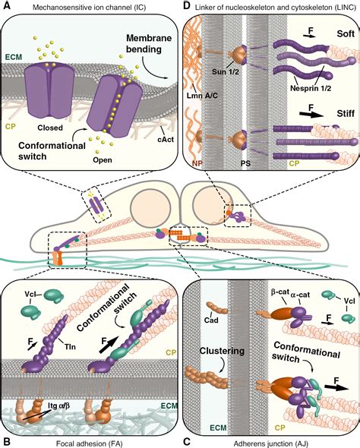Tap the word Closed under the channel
[50, 128]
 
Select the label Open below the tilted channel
[103, 159]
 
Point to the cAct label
[166, 140]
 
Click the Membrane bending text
[149, 43]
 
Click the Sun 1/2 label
[226, 71]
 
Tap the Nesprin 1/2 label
[311, 88]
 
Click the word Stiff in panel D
[346, 114]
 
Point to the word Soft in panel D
[346, 33]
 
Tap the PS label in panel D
[245, 164]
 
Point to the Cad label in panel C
[211, 320]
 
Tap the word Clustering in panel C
[222, 351]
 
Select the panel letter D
[187, 5]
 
